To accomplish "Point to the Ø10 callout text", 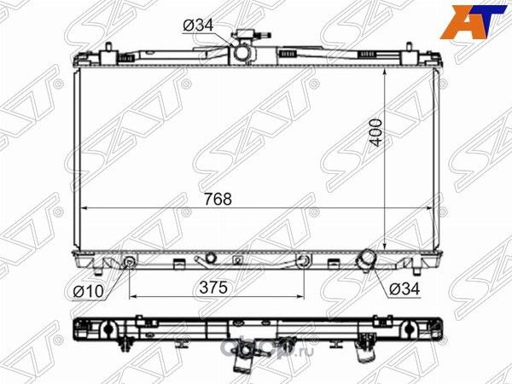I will tap(88, 290).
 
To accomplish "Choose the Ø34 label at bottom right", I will tap(404, 288).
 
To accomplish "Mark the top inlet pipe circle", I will tap(244, 54).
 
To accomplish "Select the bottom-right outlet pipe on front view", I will tap(366, 258).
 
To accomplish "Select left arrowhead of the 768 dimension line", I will tap(84, 208).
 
